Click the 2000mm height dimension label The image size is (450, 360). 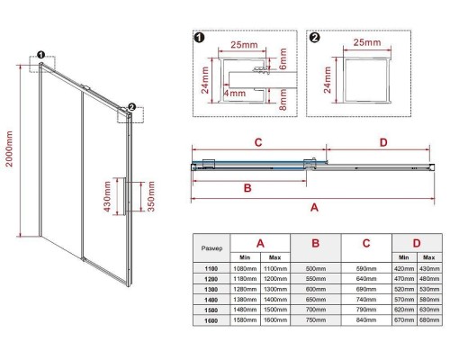coord(9,148)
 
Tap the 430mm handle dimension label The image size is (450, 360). coord(107,196)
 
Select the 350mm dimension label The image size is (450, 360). coord(151,196)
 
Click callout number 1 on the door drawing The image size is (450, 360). coord(40,55)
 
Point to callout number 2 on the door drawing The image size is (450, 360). coord(131,107)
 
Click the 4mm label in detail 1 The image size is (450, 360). coord(235,94)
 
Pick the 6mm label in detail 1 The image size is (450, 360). coord(283,58)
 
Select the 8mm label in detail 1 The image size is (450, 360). coord(283,99)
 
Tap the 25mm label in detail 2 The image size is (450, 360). coord(367,42)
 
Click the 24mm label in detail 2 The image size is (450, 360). coord(327,80)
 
